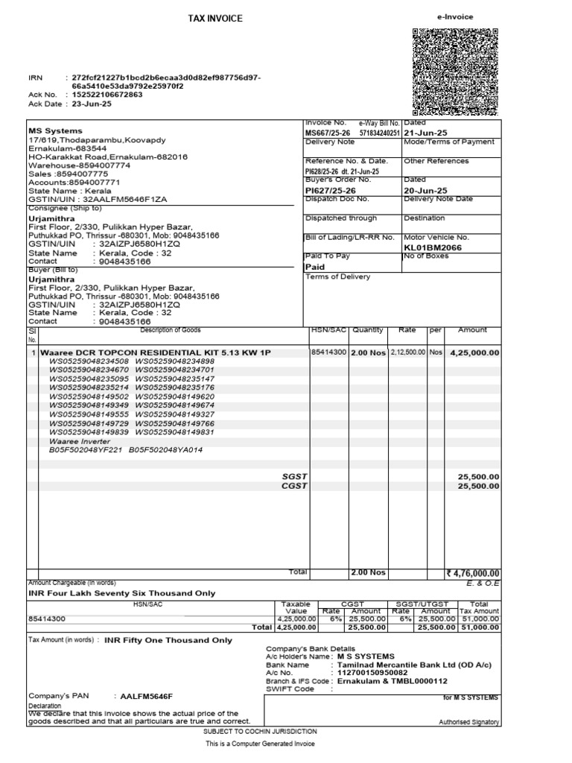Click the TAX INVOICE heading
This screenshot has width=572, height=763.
pyautogui.click(x=215, y=19)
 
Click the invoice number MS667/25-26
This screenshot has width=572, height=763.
pyautogui.click(x=327, y=132)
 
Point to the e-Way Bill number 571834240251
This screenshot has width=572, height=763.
pyautogui.click(x=380, y=132)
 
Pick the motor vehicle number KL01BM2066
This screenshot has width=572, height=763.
pyautogui.click(x=433, y=247)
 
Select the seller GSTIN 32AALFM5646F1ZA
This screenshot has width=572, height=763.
pyautogui.click(x=130, y=200)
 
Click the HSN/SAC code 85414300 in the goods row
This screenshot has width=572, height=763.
pyautogui.click(x=328, y=352)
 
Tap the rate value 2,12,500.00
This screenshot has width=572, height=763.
pyautogui.click(x=407, y=352)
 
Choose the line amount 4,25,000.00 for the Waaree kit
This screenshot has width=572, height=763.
pyautogui.click(x=473, y=352)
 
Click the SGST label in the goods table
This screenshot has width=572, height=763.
pyautogui.click(x=295, y=475)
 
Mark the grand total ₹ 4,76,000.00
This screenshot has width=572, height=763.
pyautogui.click(x=471, y=573)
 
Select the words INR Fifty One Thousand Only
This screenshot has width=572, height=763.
pyautogui.click(x=168, y=640)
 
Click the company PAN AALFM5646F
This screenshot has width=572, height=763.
pyautogui.click(x=145, y=696)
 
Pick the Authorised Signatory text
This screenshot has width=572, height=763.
pyautogui.click(x=469, y=722)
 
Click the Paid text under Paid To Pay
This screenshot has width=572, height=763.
pyautogui.click(x=316, y=266)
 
